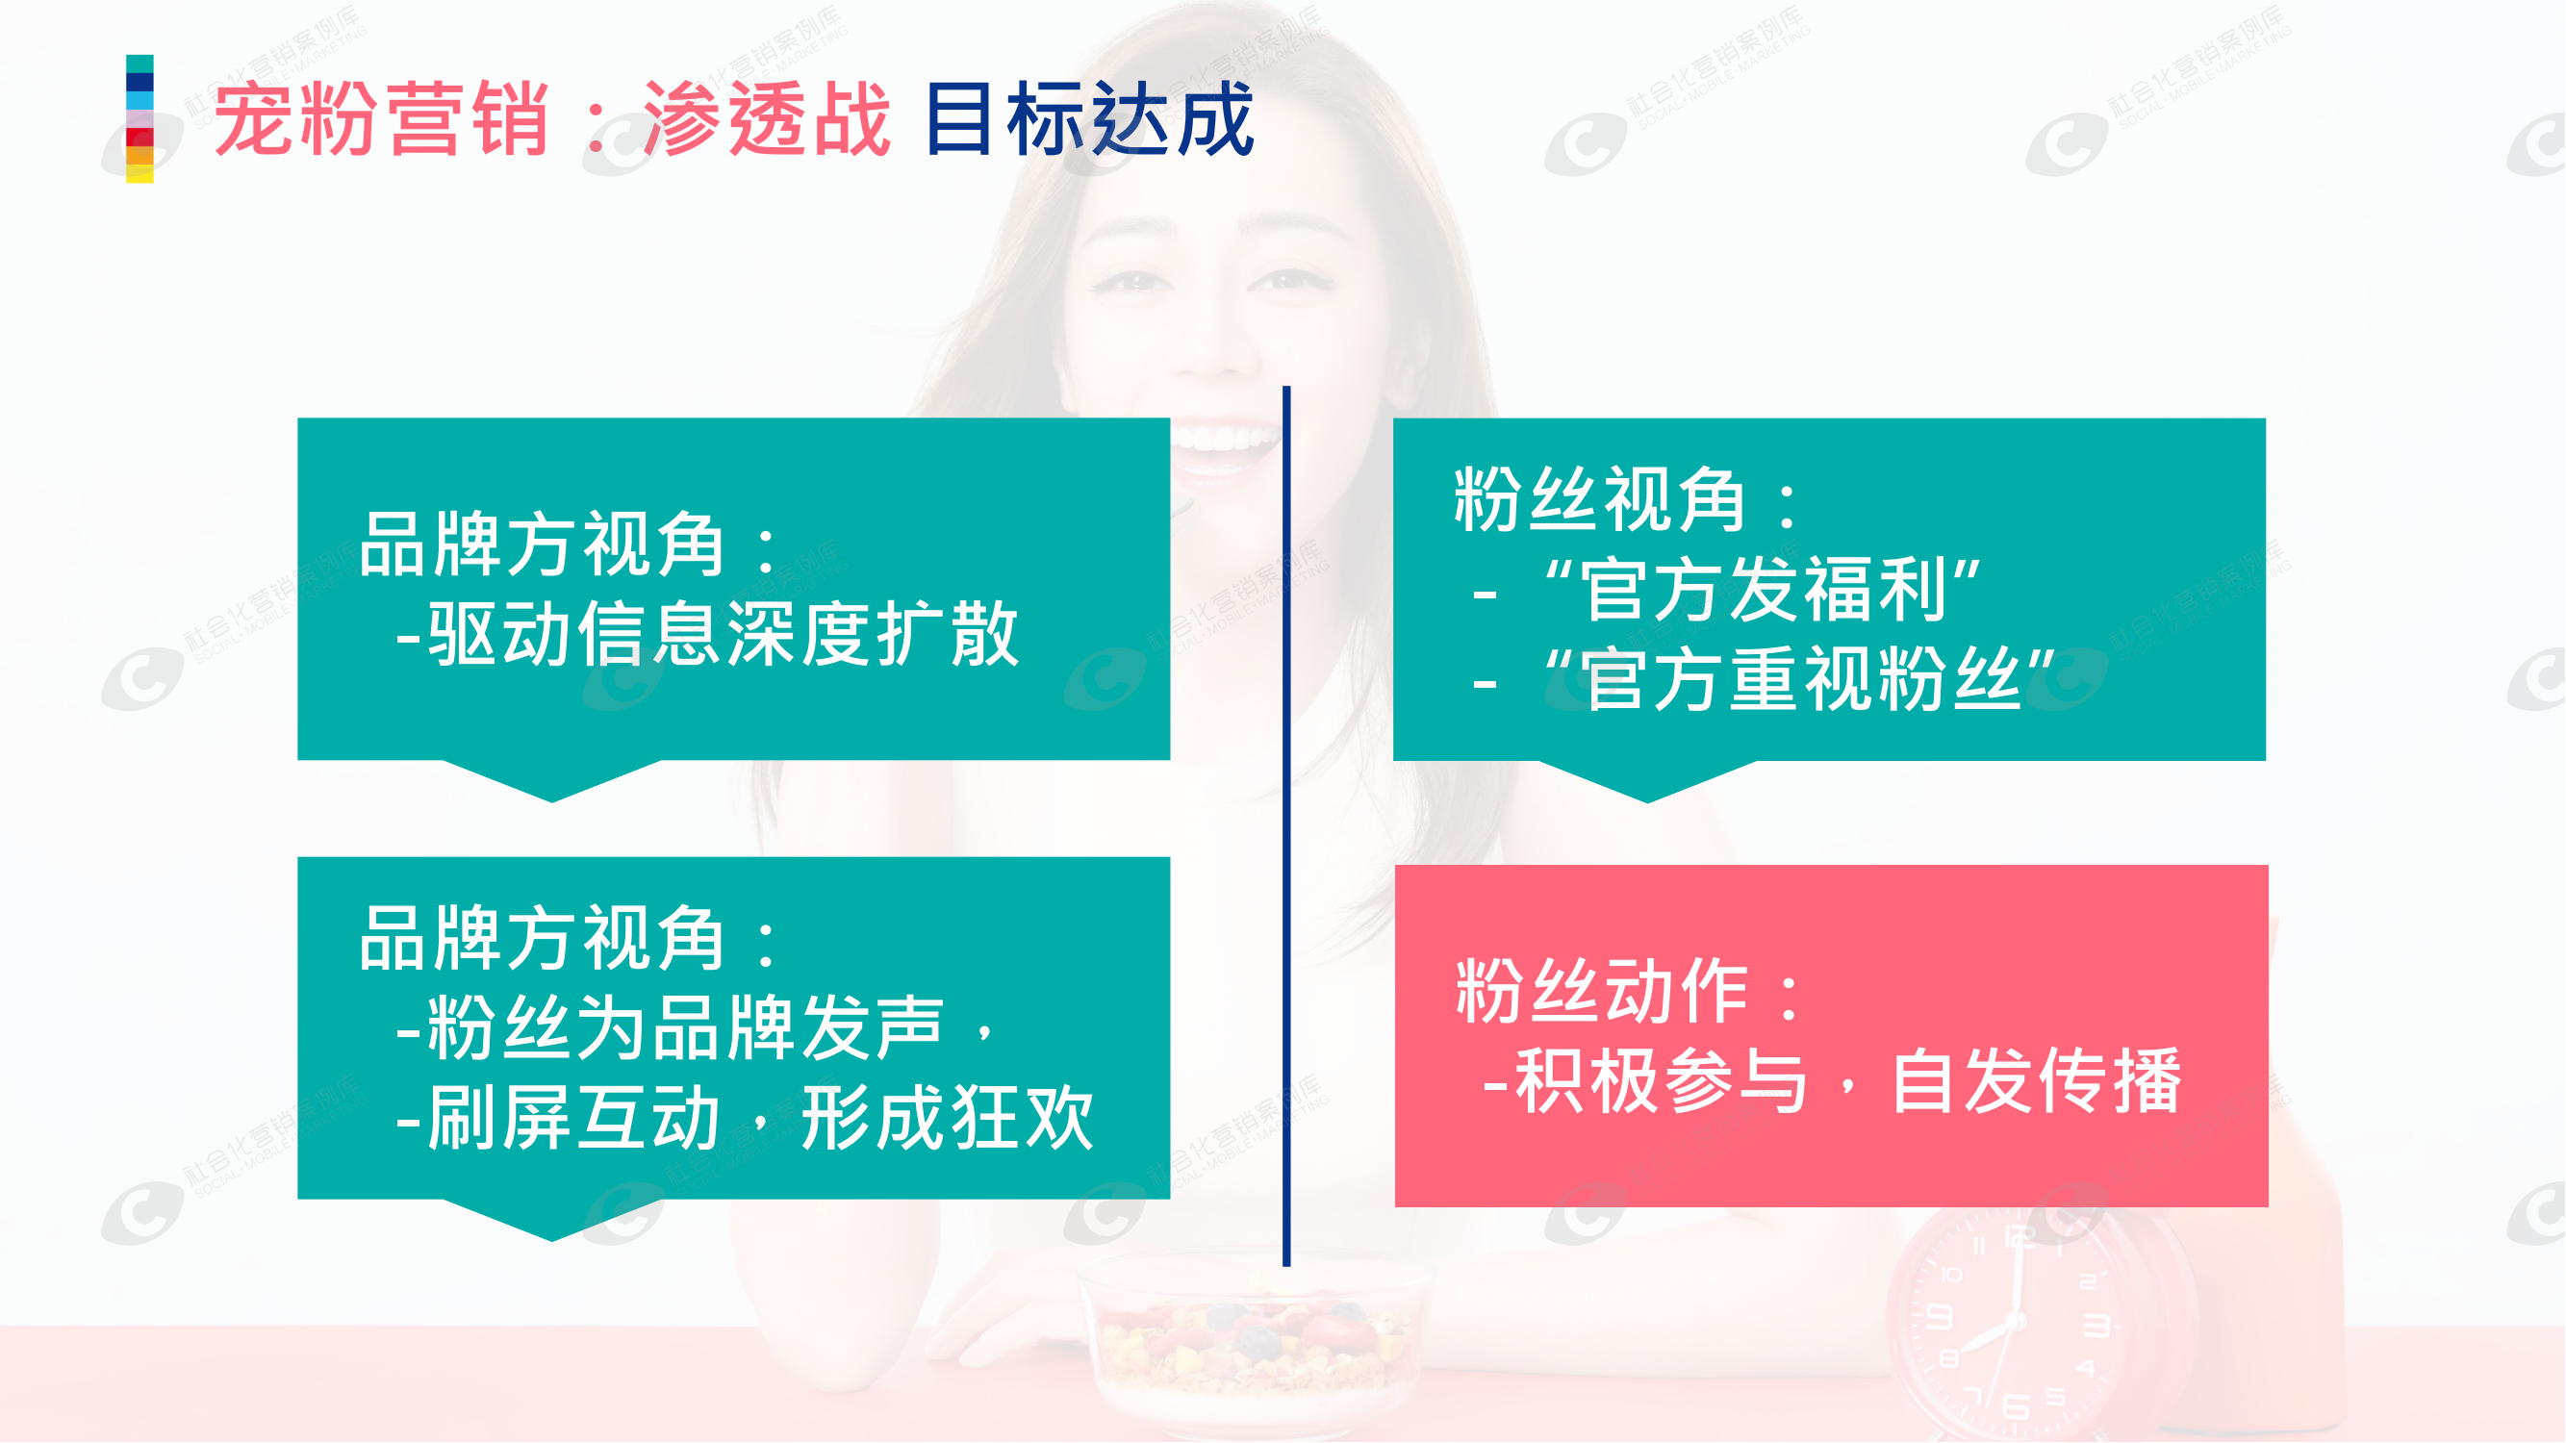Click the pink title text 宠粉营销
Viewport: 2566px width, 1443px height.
pos(382,119)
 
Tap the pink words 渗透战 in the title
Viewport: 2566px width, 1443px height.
pos(767,119)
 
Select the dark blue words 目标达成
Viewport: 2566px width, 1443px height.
pos(1090,119)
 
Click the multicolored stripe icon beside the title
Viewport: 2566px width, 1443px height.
pos(140,118)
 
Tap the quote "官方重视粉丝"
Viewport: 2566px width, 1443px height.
pos(1799,679)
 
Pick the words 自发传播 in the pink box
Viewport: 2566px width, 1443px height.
pos(2036,1081)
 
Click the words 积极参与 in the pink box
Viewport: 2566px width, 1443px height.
pos(1660,1081)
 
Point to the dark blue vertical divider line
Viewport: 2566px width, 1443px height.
pos(1287,826)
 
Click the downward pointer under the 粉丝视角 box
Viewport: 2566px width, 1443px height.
pos(1647,782)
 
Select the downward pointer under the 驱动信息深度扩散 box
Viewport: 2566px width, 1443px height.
pos(553,781)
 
